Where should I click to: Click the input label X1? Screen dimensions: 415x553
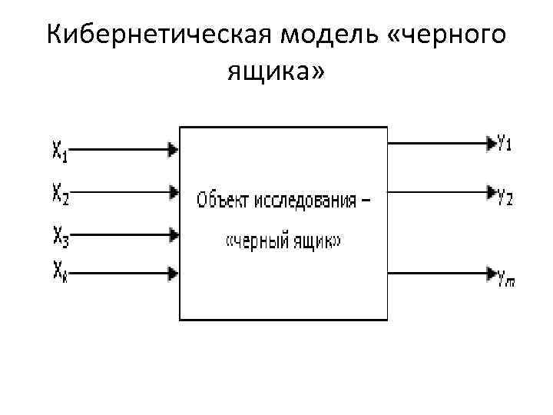coord(60,152)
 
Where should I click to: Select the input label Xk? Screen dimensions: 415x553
coord(60,271)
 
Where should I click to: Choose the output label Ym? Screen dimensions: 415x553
coord(505,281)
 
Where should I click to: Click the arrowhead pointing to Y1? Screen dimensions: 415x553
coord(490,142)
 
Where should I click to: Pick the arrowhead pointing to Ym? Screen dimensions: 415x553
coord(490,272)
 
